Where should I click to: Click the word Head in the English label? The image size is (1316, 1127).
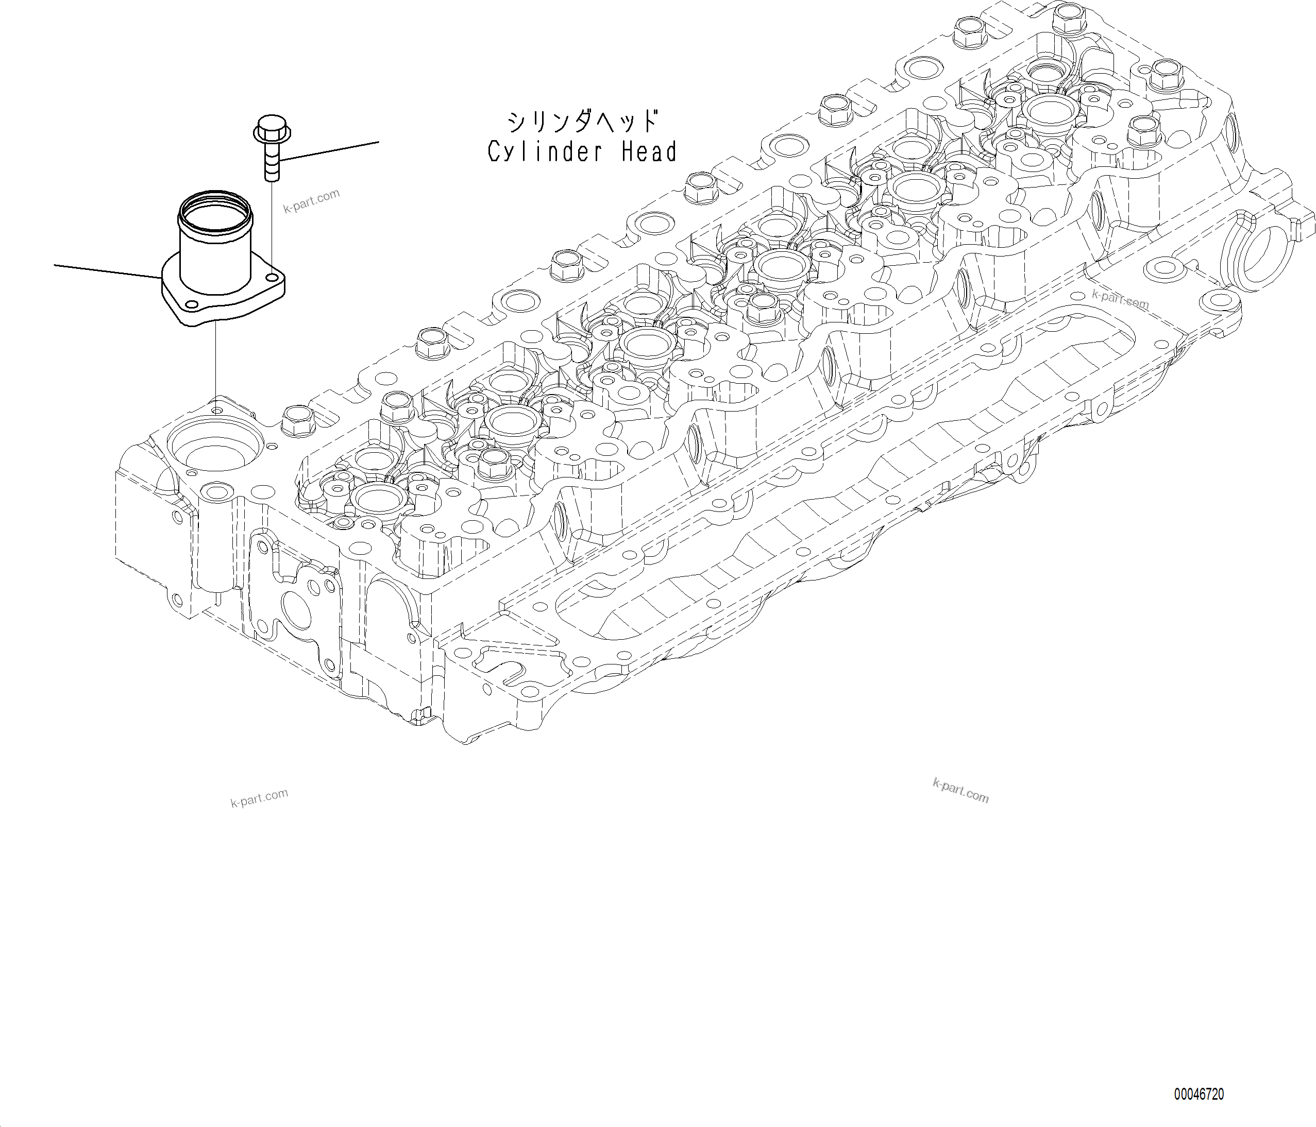pyautogui.click(x=649, y=152)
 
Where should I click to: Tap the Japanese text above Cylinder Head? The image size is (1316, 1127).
pyautogui.click(x=582, y=121)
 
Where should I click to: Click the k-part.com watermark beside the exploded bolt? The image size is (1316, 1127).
pyautogui.click(x=311, y=201)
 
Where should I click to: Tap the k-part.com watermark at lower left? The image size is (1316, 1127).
pyautogui.click(x=259, y=797)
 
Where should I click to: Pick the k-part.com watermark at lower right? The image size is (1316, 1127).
pyautogui.click(x=960, y=791)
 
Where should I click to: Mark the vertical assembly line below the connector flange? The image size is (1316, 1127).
pyautogui.click(x=215, y=362)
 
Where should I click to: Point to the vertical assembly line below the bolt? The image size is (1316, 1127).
pyautogui.click(x=272, y=222)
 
